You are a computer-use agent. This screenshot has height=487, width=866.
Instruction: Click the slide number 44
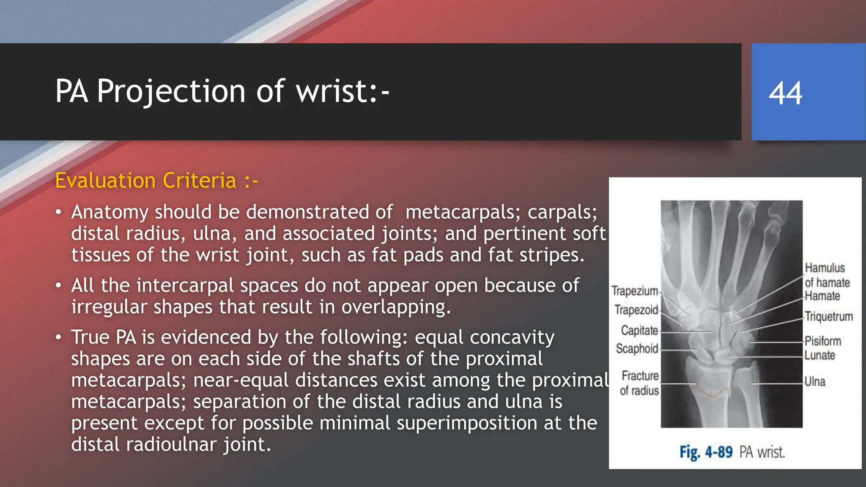click(785, 93)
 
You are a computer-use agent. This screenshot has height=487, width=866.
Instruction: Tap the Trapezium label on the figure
click(635, 291)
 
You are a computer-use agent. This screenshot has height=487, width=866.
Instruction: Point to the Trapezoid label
click(636, 310)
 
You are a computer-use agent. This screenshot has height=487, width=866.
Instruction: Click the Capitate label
click(639, 330)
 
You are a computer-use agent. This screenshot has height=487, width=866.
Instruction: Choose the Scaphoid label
click(637, 349)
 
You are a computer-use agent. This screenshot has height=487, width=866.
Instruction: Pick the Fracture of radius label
click(639, 383)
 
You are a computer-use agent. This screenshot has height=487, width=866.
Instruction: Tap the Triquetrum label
click(828, 317)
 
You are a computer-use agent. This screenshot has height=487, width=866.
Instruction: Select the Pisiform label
click(822, 341)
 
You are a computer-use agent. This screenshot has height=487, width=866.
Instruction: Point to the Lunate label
click(819, 356)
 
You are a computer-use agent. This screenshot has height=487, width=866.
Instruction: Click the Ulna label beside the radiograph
click(814, 382)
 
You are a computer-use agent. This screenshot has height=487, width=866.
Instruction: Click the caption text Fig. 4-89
click(706, 452)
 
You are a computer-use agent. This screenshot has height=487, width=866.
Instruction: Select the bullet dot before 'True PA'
click(59, 337)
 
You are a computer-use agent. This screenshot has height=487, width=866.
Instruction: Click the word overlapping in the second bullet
click(396, 307)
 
